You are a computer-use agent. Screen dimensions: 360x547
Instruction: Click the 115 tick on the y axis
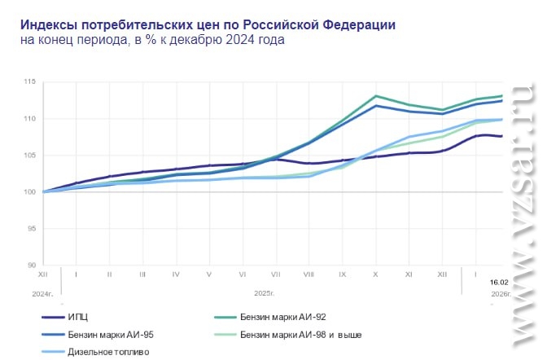(x=30, y=82)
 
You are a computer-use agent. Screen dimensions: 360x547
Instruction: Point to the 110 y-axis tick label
(x=30, y=119)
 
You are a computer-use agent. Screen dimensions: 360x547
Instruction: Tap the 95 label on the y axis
(x=32, y=228)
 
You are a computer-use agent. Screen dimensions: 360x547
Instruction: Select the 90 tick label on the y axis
(x=32, y=265)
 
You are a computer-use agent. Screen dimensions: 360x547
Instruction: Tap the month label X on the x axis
(x=375, y=275)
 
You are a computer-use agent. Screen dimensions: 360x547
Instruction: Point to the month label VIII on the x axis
(x=309, y=275)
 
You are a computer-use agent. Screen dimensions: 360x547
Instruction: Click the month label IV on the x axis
(x=176, y=275)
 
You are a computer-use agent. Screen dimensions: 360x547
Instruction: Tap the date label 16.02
(x=499, y=282)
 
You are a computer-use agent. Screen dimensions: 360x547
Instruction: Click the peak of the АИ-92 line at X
(x=375, y=96)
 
